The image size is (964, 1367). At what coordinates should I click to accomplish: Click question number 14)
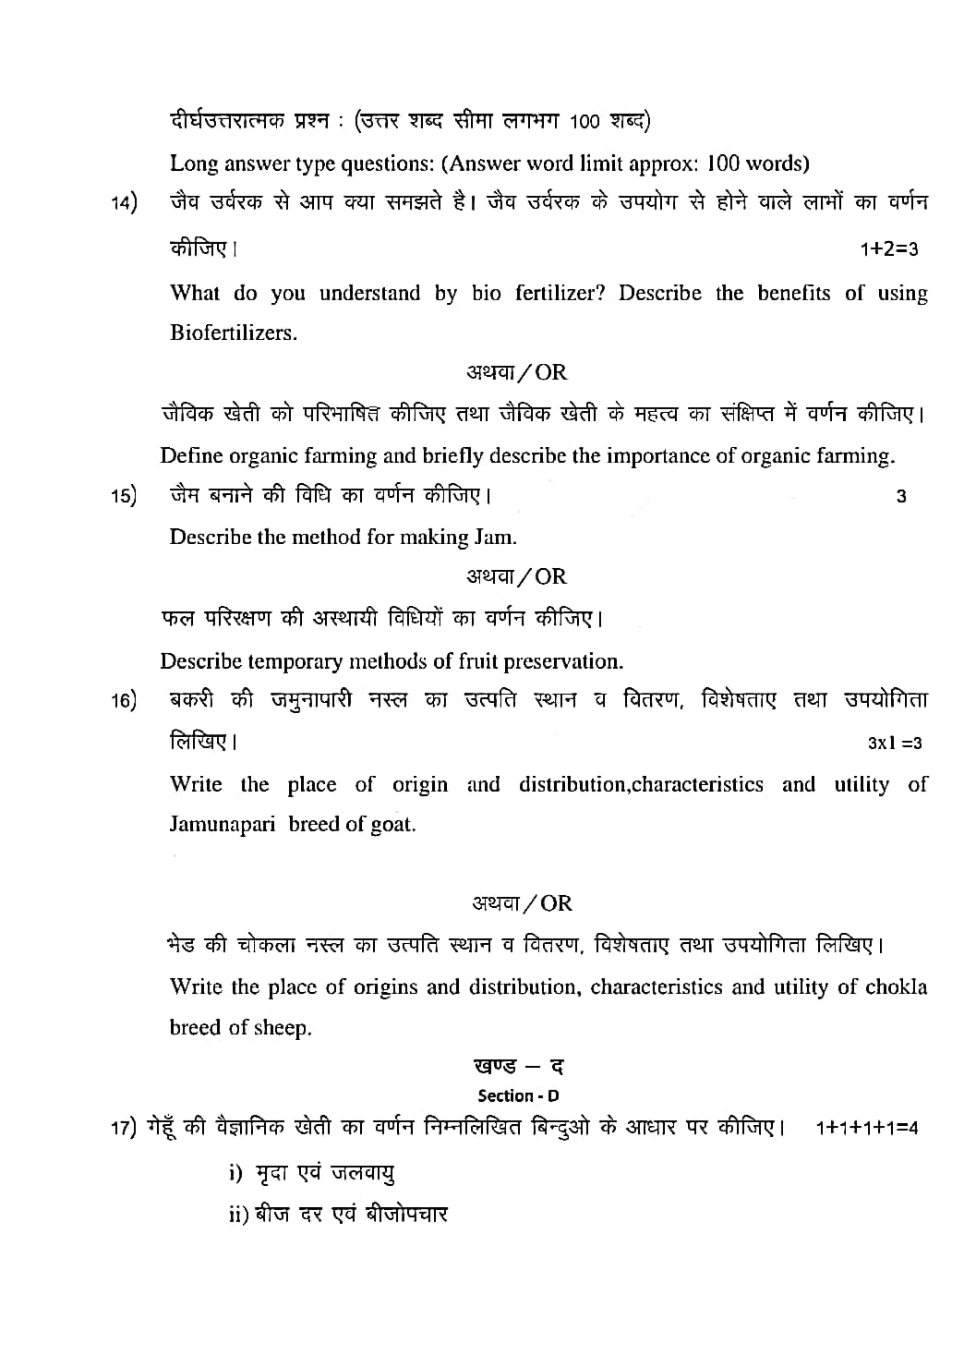pos(125,203)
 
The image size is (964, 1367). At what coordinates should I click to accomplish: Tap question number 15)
pos(125,496)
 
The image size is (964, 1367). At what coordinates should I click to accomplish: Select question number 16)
pos(125,701)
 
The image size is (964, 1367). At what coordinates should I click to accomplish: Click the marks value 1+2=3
pos(888,249)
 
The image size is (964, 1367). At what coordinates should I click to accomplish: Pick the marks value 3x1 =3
pos(894,743)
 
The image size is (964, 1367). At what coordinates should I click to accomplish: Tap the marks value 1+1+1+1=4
pos(867,1128)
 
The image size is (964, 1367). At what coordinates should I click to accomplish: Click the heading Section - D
pos(518,1096)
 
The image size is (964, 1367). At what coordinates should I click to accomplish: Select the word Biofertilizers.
pos(234,333)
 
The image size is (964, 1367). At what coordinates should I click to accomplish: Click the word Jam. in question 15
pos(496,537)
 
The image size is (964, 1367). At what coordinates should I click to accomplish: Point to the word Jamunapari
pos(223,824)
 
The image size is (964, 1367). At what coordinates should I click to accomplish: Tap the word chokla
pos(896,986)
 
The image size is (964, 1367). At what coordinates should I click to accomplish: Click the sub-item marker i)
pos(235,1173)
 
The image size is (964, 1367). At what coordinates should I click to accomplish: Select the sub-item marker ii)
pos(238,1214)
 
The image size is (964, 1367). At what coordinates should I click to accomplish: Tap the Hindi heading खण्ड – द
pos(518,1066)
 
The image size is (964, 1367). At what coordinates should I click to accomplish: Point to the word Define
pos(191,455)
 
